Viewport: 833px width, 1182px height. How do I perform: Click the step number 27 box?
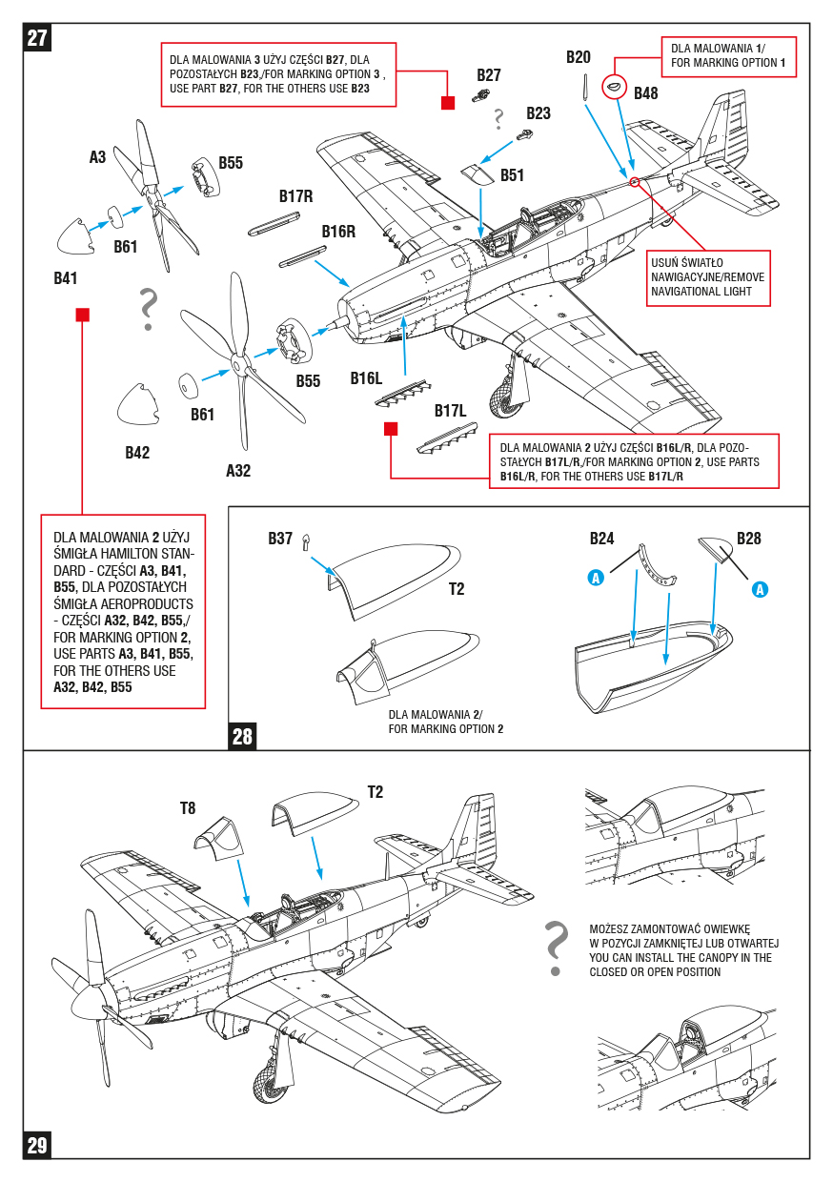(x=37, y=37)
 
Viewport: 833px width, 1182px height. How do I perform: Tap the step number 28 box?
(x=242, y=736)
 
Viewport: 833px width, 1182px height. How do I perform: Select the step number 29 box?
(x=37, y=1145)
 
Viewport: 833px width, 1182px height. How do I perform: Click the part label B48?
(x=645, y=93)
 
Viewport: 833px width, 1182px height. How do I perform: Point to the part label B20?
(x=579, y=57)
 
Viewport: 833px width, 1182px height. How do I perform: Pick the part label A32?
(x=238, y=470)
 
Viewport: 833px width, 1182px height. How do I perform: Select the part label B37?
(x=279, y=539)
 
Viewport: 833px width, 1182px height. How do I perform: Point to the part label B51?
(x=512, y=175)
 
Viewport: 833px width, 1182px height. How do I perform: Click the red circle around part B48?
(x=614, y=86)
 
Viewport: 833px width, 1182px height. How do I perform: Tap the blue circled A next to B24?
(x=596, y=578)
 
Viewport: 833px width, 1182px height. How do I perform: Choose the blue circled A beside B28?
(x=760, y=589)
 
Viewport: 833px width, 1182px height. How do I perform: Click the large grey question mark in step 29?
(x=556, y=948)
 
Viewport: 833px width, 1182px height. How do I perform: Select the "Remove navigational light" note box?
(x=708, y=278)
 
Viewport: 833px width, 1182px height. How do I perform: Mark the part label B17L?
(x=450, y=411)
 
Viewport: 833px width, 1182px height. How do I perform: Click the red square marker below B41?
(x=83, y=315)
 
